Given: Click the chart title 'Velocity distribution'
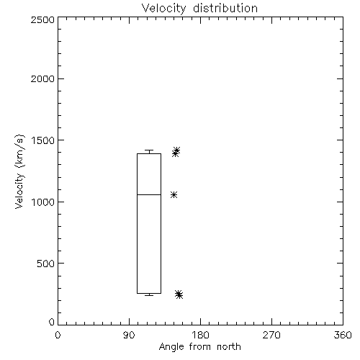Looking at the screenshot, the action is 199,9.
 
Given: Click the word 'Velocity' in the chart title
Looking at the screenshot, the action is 163,9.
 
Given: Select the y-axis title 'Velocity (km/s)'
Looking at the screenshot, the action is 19,172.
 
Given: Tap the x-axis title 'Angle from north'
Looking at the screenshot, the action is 199,346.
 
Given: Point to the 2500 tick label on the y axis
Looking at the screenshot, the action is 42,19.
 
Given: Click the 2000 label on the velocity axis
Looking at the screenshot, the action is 42,78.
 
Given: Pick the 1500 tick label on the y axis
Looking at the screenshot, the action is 43,140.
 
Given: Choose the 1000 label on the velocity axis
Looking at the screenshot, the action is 43,202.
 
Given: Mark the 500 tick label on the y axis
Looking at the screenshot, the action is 46,264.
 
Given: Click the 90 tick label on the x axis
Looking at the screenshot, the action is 129,335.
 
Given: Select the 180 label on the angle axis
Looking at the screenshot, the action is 200,335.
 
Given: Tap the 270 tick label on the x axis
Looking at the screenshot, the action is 271,335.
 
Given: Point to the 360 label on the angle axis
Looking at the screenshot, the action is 343,335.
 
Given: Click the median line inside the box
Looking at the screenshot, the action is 149,194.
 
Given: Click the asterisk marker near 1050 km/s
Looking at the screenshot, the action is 174,194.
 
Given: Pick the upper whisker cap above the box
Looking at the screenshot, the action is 149,150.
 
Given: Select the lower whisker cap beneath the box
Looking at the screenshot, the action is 149,295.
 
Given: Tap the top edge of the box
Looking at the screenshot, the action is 149,153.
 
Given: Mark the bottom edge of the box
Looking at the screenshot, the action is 149,293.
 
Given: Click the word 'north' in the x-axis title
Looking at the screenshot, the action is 229,346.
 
